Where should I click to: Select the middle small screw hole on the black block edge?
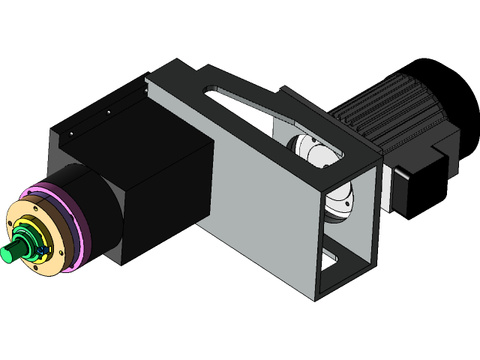[x=108, y=112]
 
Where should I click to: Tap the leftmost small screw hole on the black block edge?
[x=71, y=133]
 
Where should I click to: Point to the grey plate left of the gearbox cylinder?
[x=56, y=150]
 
